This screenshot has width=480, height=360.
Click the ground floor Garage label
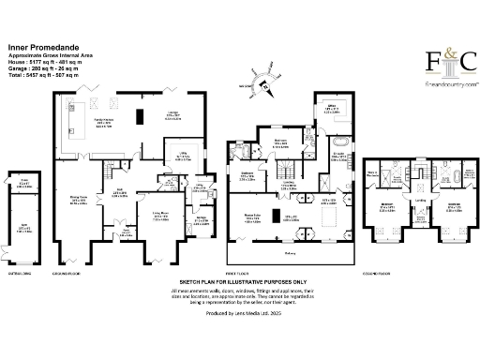[201, 220]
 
